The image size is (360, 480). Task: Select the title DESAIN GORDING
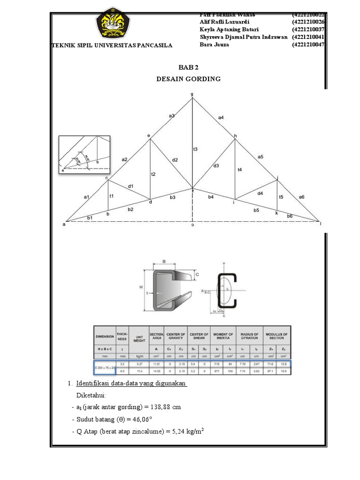pos(188,79)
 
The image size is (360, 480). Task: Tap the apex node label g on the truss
pos(192,94)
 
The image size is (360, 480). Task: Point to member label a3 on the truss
pos(172,116)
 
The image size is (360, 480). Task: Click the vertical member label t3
pos(195,149)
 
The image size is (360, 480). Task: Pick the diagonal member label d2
pos(174,160)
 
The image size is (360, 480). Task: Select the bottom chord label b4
pos(210,197)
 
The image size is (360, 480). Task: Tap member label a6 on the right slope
pos(301,197)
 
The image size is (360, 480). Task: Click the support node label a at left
pos(64,225)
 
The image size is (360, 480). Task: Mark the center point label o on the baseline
pos(192,225)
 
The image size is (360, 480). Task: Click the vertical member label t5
pos(281,197)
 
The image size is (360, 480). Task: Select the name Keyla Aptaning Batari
pos(229,29)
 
